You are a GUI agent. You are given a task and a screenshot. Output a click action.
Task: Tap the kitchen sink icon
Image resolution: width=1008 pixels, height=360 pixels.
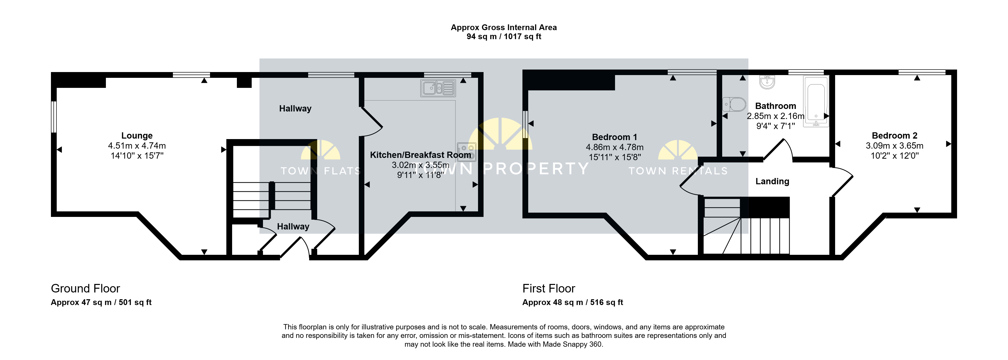438,88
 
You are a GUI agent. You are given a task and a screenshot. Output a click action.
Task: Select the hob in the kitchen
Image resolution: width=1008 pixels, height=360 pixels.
466,152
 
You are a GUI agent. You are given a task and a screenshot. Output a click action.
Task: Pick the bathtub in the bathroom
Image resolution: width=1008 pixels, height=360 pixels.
816,101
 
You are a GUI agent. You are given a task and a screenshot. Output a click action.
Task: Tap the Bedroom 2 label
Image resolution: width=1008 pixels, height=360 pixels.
895,135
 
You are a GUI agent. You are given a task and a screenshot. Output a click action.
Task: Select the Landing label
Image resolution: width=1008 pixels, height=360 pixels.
772,181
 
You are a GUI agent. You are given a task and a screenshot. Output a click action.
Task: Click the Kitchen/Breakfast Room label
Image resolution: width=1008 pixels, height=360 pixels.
421,155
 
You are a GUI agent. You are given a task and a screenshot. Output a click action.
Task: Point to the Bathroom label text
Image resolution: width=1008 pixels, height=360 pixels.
776,106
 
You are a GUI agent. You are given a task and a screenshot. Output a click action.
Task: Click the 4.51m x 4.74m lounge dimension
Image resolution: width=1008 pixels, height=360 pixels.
137,146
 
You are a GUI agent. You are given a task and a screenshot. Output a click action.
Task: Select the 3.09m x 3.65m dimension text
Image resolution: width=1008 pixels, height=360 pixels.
895,146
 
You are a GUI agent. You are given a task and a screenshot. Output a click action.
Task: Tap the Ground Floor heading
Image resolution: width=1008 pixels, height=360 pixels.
85,288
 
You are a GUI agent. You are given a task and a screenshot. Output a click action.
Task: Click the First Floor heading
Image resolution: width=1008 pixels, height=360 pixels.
549,288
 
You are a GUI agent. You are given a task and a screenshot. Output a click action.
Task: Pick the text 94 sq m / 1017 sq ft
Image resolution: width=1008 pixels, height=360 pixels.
504,36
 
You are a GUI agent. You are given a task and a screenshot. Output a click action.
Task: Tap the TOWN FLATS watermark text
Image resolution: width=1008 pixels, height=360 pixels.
320,171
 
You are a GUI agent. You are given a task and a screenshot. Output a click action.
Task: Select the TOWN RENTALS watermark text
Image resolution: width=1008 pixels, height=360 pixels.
678,171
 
